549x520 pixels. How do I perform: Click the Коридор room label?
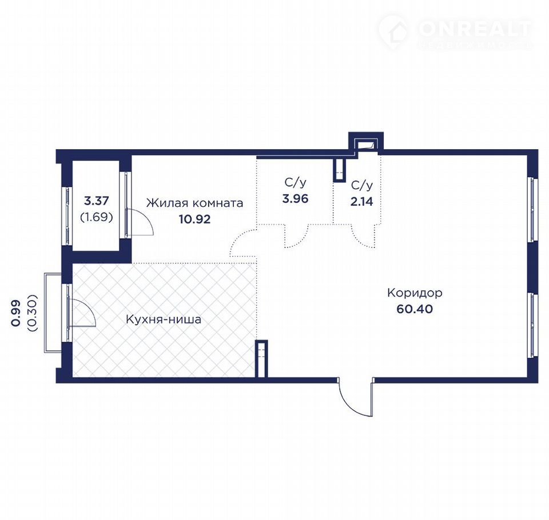[415, 293]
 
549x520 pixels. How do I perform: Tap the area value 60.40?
[415, 309]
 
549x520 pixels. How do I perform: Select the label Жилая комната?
[194, 203]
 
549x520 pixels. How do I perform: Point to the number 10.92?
[194, 219]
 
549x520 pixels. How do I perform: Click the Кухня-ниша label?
[164, 319]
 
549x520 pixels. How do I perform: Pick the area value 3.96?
[295, 199]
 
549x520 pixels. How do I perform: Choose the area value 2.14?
[361, 202]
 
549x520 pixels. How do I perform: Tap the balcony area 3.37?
[97, 201]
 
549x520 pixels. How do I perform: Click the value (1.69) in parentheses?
[97, 217]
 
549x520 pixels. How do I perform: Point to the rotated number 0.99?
[16, 313]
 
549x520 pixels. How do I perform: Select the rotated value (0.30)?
[32, 313]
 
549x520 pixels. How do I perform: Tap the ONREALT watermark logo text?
[475, 29]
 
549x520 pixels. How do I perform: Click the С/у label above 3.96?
[295, 183]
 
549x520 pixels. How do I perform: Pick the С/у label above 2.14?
[361, 186]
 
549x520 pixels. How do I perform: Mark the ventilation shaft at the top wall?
[366, 143]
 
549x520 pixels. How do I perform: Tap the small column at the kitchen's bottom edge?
[261, 359]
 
